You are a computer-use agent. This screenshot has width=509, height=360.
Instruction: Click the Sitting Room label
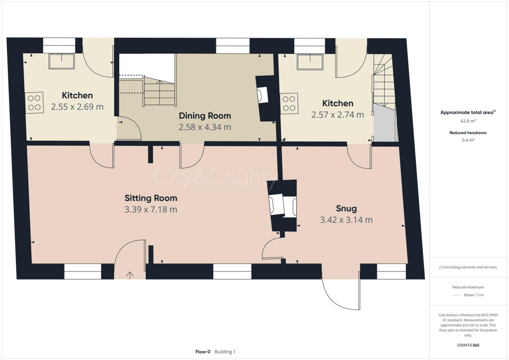[151, 197]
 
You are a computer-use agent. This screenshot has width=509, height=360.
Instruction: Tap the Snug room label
[346, 208]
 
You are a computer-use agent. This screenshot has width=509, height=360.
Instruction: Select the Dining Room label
[205, 116]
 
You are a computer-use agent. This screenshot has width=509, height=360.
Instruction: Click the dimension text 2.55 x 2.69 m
[77, 106]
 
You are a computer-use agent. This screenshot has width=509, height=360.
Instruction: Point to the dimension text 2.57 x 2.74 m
[338, 114]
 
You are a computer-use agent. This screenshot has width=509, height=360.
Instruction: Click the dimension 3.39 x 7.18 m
[151, 209]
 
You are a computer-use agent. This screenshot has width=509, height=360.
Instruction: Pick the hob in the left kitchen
[34, 102]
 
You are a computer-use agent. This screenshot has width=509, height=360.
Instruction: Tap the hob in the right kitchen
[289, 103]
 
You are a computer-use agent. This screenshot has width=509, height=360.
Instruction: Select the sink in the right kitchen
[310, 62]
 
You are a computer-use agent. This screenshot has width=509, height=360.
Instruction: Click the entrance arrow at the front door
[131, 274]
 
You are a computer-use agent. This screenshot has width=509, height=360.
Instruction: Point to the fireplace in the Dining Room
[264, 95]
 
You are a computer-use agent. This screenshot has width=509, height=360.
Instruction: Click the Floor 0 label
[203, 352]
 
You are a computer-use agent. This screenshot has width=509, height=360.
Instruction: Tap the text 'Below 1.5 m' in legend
[475, 295]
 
